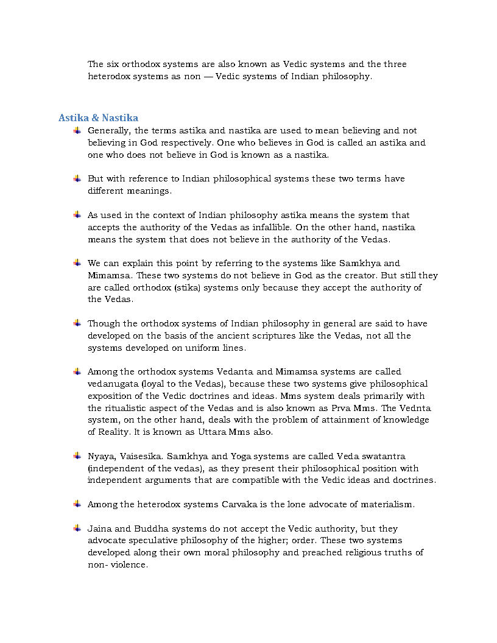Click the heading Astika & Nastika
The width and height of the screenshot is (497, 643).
pyautogui.click(x=98, y=118)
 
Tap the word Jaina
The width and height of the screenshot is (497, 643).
pyautogui.click(x=100, y=529)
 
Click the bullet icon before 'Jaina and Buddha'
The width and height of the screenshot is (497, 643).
pyautogui.click(x=77, y=528)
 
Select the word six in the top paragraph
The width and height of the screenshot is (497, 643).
pyautogui.click(x=112, y=64)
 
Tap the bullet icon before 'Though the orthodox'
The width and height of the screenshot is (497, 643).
pyautogui.click(x=77, y=323)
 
